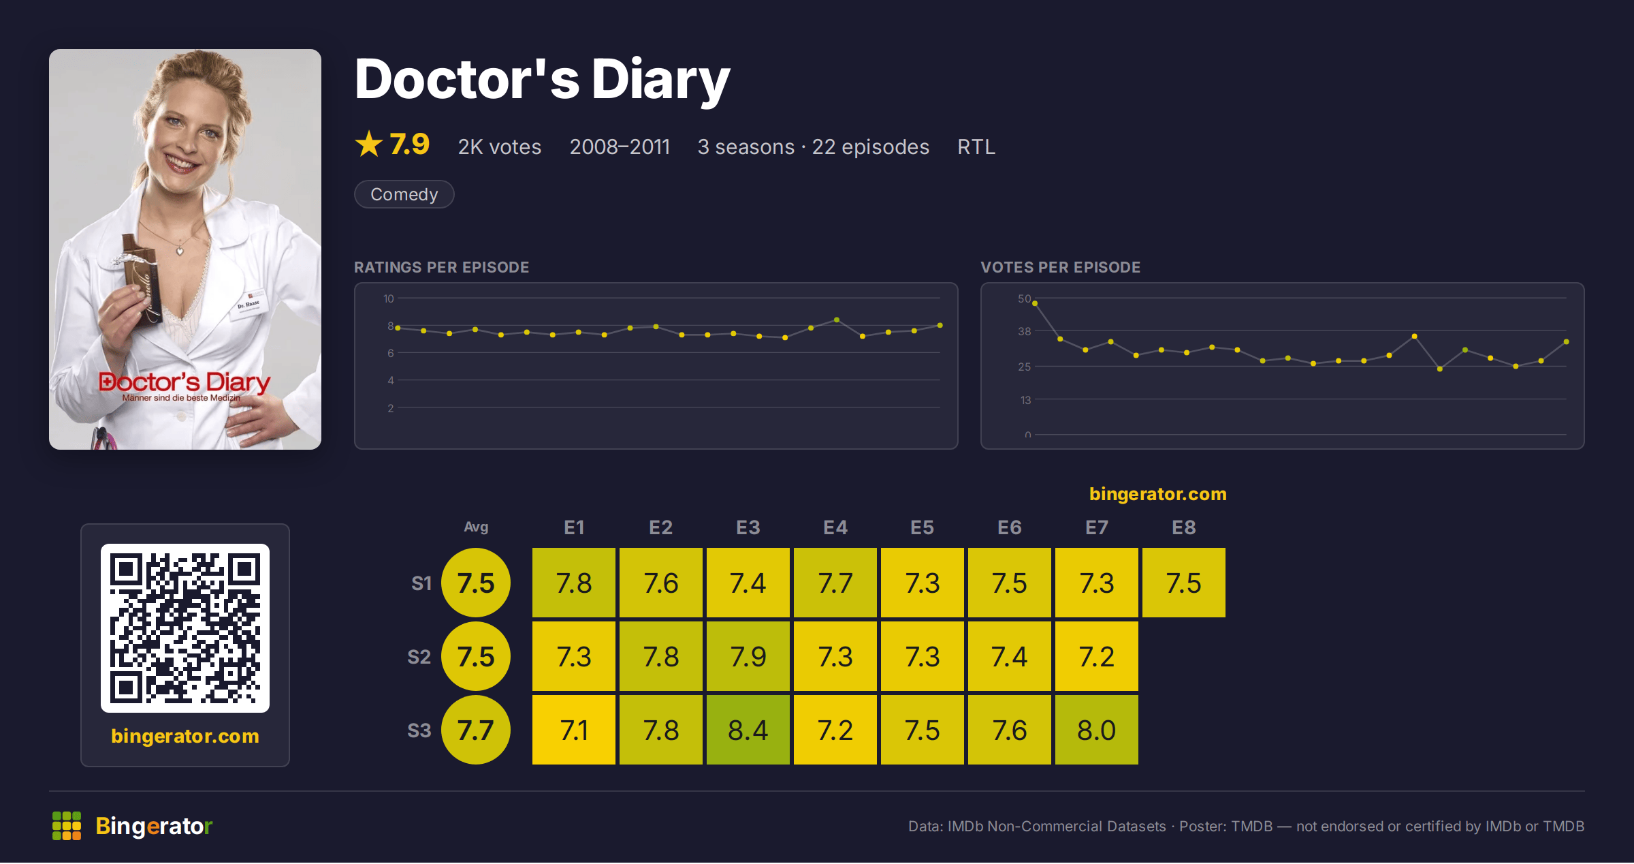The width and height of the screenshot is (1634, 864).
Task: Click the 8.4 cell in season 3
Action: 748,730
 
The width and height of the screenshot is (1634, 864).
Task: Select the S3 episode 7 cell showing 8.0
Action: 1096,730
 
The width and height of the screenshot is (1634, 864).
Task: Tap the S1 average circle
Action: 475,583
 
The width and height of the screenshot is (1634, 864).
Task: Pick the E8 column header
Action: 1183,527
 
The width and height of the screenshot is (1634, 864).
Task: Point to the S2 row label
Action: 419,657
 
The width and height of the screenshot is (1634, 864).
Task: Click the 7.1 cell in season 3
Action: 573,730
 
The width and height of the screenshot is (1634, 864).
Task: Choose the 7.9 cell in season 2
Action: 748,656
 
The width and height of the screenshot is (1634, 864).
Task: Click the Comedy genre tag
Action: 404,194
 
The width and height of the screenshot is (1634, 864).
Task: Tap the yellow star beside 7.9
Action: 369,144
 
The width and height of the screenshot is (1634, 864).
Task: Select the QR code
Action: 185,628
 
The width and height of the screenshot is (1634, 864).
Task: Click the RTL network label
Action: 976,146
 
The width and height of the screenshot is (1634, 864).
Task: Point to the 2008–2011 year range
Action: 620,146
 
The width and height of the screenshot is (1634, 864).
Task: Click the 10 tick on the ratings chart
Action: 388,298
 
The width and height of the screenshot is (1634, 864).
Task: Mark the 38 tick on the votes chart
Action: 1024,331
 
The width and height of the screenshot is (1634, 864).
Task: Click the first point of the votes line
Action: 1035,303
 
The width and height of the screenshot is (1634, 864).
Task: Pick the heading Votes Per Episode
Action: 1060,267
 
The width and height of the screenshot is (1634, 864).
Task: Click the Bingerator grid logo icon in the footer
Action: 67,826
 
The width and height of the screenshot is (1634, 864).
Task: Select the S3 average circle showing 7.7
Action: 475,730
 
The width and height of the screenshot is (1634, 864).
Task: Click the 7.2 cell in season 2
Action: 1096,656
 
